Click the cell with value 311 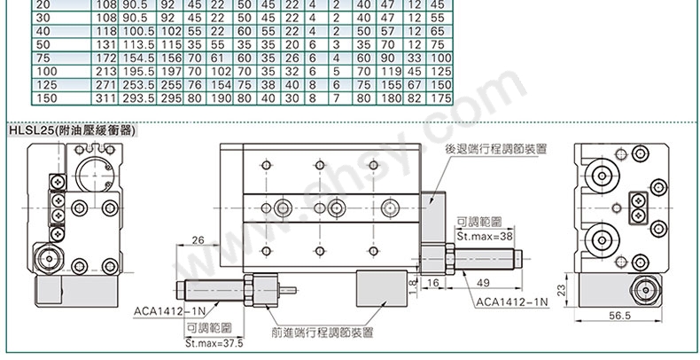pos(105,98)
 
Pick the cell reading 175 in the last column pos(441,98)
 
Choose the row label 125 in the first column pos(47,84)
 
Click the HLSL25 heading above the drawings pos(72,131)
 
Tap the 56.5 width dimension pos(620,316)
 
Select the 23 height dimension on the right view pos(561,290)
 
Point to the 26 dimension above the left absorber pos(198,240)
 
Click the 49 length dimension pos(483,282)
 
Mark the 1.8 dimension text pos(413,285)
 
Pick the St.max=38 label pos(485,235)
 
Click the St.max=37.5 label pos(214,343)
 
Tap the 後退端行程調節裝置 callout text pos(496,149)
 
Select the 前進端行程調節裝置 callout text pos(322,333)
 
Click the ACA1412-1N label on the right pos(511,302)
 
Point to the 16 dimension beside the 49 pos(433,282)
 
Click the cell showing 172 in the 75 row pos(105,58)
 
